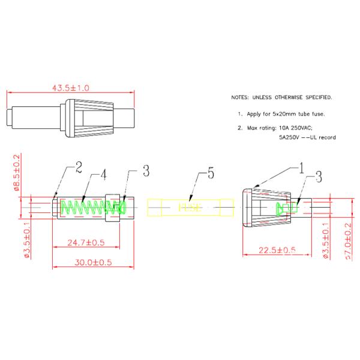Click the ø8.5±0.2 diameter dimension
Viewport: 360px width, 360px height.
click(17, 172)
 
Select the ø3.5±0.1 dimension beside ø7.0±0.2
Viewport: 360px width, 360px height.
click(326, 241)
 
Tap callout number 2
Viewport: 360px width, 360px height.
click(78, 169)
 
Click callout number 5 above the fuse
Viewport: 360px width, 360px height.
click(211, 175)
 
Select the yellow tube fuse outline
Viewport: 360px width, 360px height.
click(189, 208)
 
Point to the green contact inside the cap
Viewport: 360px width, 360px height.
click(286, 208)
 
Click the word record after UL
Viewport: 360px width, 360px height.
click(327, 137)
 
